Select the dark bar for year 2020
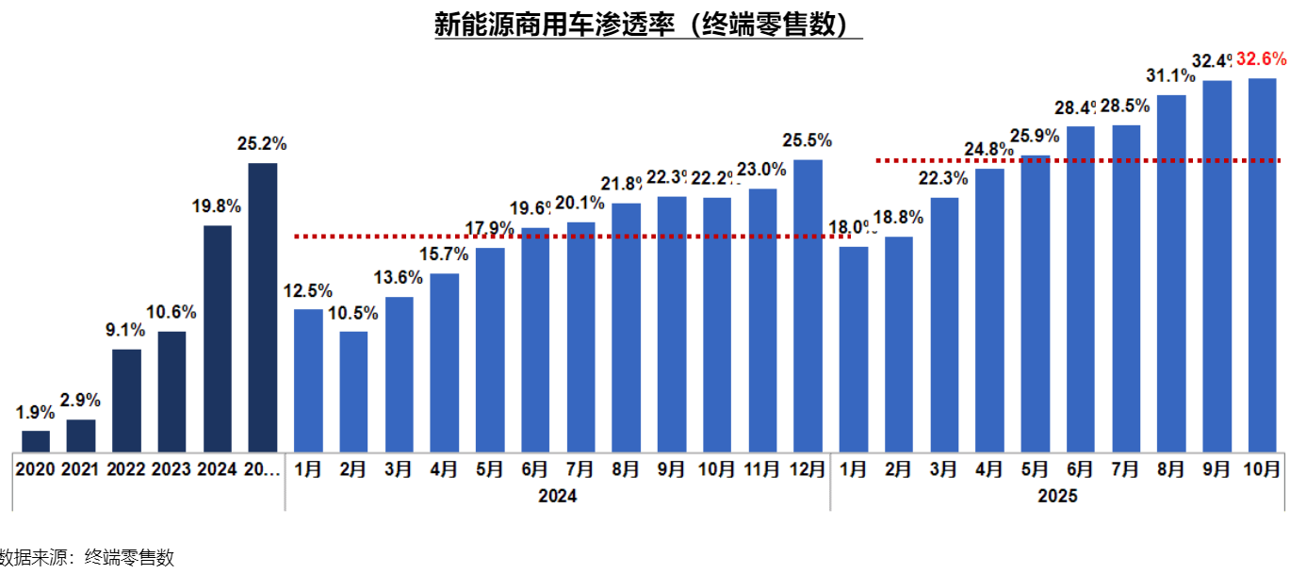[x=36, y=441]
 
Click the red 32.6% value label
[x=1262, y=59]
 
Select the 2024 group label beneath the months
[x=557, y=496]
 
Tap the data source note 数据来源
[x=87, y=558]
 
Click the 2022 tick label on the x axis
[x=126, y=469]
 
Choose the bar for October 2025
[x=1262, y=264]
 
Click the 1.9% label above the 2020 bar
[x=35, y=412]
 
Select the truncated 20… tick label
[x=263, y=469]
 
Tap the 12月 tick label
[x=808, y=469]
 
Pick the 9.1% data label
[x=126, y=330]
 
